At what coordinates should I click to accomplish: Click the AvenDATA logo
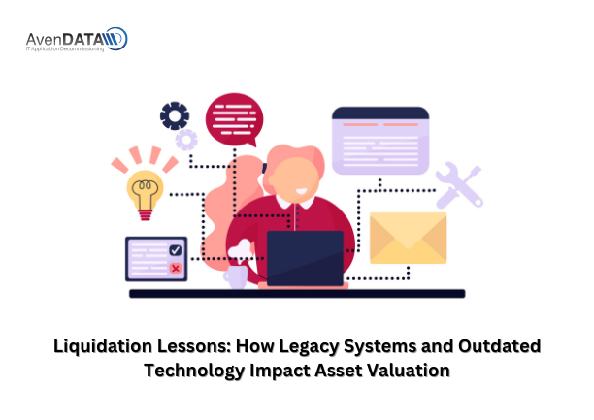(x=77, y=40)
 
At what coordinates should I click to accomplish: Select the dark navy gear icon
(x=175, y=115)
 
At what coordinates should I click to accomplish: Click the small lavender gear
(x=186, y=140)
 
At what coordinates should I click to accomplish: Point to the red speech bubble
(x=235, y=120)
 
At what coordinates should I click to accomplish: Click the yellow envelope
(x=408, y=238)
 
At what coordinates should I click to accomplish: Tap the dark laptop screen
(x=305, y=258)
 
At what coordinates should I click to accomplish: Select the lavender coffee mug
(x=236, y=276)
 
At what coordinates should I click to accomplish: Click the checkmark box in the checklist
(x=176, y=250)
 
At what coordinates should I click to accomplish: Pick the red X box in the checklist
(x=176, y=268)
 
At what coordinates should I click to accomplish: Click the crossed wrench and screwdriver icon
(x=459, y=185)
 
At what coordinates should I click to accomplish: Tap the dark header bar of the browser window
(x=380, y=113)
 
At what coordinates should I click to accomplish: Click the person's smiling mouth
(x=302, y=191)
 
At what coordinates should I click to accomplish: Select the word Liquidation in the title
(x=103, y=346)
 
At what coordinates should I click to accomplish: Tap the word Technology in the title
(x=194, y=371)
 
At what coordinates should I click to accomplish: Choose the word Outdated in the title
(x=499, y=346)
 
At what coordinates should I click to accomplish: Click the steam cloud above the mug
(x=240, y=249)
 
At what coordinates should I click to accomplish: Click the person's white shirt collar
(x=295, y=202)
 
